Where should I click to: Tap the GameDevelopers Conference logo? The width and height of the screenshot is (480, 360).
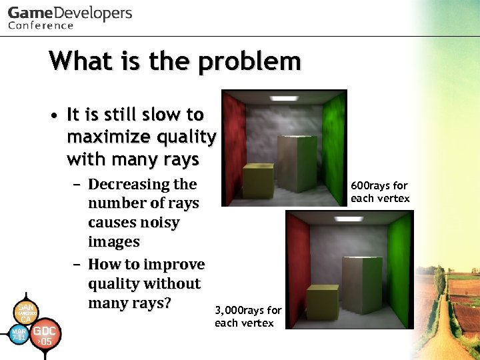pos(69,18)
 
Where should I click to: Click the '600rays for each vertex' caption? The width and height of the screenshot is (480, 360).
pos(380,192)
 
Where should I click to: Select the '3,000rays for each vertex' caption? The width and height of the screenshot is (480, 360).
pos(248,317)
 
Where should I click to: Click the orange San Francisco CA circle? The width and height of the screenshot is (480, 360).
pos(25,311)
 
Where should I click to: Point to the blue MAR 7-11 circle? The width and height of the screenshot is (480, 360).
pos(18,333)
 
